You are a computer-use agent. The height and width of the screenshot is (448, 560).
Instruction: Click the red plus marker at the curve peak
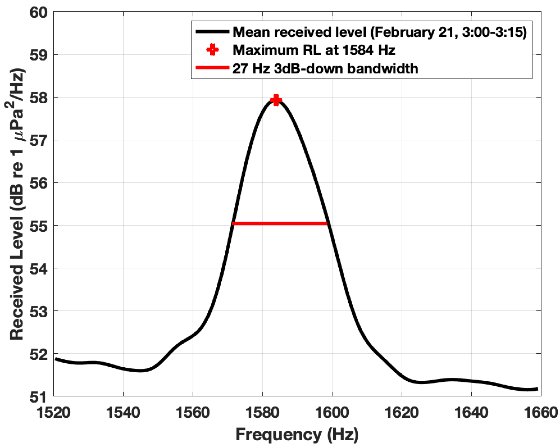[276, 100]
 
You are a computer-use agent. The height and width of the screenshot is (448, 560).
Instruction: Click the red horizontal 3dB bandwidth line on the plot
[280, 223]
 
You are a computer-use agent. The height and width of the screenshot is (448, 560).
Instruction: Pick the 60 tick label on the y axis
[38, 12]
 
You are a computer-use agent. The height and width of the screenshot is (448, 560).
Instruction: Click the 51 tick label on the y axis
[38, 397]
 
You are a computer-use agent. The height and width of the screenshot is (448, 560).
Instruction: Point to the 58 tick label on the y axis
[38, 98]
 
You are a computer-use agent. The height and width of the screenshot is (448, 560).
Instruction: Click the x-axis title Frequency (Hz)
[297, 434]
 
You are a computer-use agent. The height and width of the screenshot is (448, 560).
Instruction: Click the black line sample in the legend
[212, 32]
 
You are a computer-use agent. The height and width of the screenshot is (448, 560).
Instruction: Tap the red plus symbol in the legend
[212, 49]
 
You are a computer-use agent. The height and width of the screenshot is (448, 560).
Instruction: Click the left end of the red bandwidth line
[233, 223]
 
